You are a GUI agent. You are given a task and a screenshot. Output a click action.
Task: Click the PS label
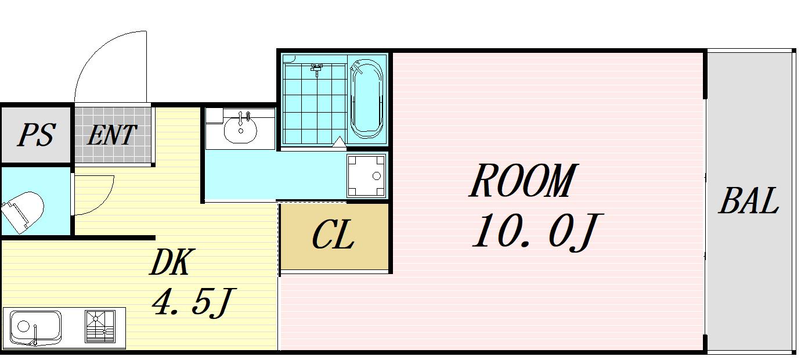pyautogui.click(x=37, y=135)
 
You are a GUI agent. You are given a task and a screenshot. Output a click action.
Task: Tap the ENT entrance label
pyautogui.click(x=112, y=135)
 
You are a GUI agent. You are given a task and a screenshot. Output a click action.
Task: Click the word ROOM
pyautogui.click(x=523, y=180)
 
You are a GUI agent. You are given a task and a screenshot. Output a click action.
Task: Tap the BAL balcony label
pyautogui.click(x=749, y=200)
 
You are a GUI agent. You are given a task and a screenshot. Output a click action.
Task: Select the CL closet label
pyautogui.click(x=333, y=235)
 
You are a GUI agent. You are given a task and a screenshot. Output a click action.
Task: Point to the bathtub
pyautogui.click(x=366, y=99)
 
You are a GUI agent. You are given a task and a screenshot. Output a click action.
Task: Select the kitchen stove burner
pyautogui.click(x=100, y=326)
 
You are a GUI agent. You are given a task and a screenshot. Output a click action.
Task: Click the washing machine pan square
pyautogui.click(x=366, y=175)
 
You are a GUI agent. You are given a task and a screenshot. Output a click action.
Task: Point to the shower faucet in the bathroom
pyautogui.click(x=316, y=69)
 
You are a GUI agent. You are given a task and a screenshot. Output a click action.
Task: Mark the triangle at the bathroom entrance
pyautogui.click(x=340, y=142)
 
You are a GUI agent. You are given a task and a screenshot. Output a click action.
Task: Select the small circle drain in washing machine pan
pyautogui.click(x=377, y=176)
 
